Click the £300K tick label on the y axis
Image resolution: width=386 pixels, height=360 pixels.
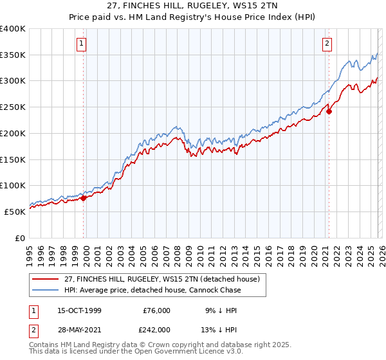13,81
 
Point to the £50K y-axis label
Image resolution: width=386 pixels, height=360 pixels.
15,211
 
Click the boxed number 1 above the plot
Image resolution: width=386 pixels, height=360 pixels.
83,44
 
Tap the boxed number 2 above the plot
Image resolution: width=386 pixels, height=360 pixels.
327,44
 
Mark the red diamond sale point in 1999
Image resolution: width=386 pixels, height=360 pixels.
84,198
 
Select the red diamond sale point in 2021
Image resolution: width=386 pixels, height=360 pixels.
329,111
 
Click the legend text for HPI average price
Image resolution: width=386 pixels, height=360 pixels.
152,290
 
